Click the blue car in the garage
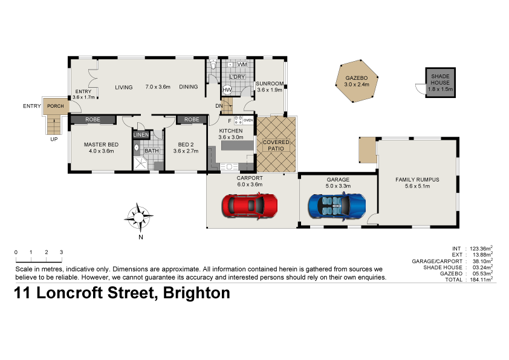pyautogui.click(x=337, y=205)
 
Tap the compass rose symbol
pyautogui.click(x=140, y=217)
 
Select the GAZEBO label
pyautogui.click(x=356, y=79)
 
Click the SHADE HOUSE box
pyautogui.click(x=439, y=82)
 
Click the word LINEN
pyautogui.click(x=141, y=134)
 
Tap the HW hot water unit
pyautogui.click(x=227, y=90)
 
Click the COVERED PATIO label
pyautogui.click(x=276, y=146)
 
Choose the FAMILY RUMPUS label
pyautogui.click(x=417, y=180)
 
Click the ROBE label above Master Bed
pyautogui.click(x=92, y=120)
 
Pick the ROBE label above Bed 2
pyautogui.click(x=192, y=120)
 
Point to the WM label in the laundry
pyautogui.click(x=242, y=64)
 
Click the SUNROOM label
pyautogui.click(x=270, y=83)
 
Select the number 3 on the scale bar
pyautogui.click(x=61, y=252)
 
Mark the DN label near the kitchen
pyautogui.click(x=219, y=106)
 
